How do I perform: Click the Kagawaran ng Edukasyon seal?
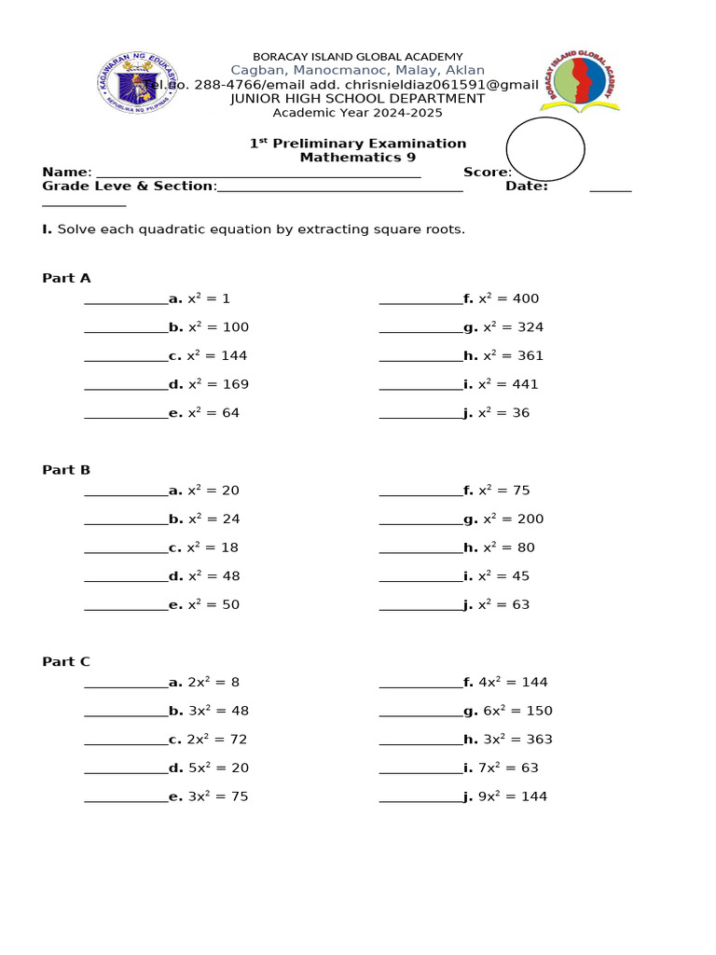[x=139, y=82]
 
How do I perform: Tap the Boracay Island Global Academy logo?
[x=579, y=82]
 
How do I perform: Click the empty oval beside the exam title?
[x=545, y=149]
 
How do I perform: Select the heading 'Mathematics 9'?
[x=357, y=158]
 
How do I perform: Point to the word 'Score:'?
[x=487, y=173]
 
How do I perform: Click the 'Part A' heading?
[x=66, y=279]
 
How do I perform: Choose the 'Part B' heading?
[x=66, y=470]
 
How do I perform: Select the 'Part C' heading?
[x=66, y=662]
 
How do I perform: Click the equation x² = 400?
[x=508, y=299]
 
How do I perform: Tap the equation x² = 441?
[x=508, y=384]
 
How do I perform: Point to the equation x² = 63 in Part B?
[x=503, y=605]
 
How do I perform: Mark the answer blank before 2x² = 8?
[x=126, y=685]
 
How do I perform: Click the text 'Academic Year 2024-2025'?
[x=357, y=113]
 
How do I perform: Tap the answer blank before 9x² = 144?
[x=420, y=800]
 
